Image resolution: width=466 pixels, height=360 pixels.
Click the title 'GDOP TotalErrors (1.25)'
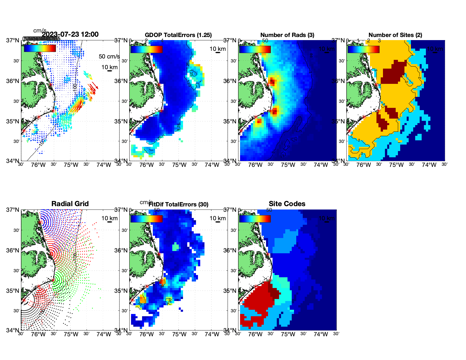(178, 35)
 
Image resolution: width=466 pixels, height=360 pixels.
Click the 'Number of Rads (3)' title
(287, 35)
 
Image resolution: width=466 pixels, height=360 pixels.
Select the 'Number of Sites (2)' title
(395, 35)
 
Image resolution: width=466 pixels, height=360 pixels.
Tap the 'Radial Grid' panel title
(70, 204)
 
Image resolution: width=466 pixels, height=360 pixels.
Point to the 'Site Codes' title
(287, 204)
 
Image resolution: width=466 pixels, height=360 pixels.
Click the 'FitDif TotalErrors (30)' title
(178, 204)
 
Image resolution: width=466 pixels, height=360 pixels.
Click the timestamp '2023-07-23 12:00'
(70, 34)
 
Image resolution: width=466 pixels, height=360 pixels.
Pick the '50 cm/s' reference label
(109, 56)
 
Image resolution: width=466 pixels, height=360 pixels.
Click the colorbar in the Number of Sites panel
(363, 49)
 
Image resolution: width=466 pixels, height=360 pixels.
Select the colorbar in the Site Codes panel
(255, 219)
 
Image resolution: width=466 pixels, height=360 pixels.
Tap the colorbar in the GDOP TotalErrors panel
(147, 49)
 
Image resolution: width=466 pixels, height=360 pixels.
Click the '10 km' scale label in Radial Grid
(109, 218)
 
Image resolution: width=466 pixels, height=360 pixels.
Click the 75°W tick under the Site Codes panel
(288, 335)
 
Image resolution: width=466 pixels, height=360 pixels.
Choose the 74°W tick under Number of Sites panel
(429, 165)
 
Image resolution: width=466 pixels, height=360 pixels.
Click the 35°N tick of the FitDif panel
(122, 291)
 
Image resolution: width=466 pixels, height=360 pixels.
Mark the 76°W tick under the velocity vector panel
(38, 165)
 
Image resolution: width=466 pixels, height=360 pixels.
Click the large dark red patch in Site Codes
(258, 299)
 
